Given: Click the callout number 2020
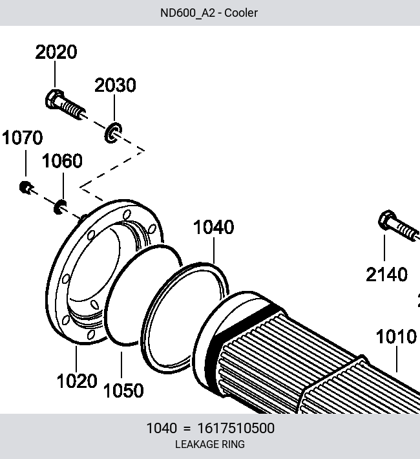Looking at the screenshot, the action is [x=56, y=52].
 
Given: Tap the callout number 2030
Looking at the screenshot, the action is [x=115, y=85].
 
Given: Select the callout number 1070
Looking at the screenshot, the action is [x=22, y=137].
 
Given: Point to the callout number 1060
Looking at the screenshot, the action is [x=62, y=160].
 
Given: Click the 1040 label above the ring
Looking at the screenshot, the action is [x=214, y=227].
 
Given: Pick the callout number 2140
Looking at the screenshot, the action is [x=386, y=275].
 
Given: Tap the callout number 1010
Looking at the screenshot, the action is [x=396, y=336].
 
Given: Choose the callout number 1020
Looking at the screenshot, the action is [x=77, y=381].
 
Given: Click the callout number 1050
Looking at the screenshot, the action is [x=123, y=390].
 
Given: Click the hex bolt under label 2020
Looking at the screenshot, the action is [x=65, y=105].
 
